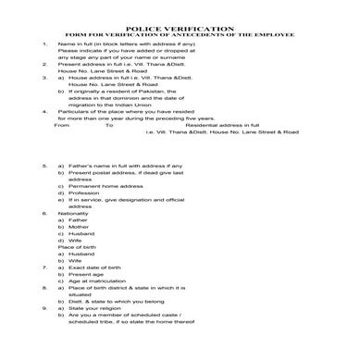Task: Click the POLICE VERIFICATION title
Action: pyautogui.click(x=180, y=30)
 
